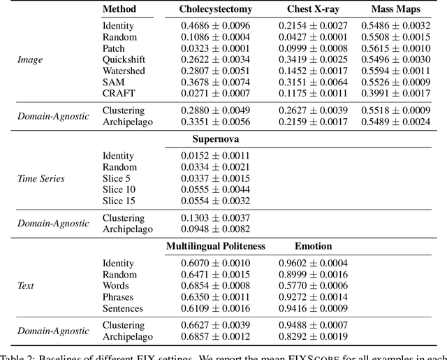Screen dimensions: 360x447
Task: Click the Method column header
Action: tap(119, 10)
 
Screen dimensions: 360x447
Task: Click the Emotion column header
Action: tap(314, 246)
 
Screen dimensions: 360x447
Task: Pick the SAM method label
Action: tap(114, 82)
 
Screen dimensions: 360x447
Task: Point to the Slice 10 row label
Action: tap(119, 189)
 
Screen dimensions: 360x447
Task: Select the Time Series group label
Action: tap(41, 178)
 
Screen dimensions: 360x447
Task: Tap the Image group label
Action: tap(30, 59)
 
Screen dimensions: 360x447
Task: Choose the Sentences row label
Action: tap(123, 308)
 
